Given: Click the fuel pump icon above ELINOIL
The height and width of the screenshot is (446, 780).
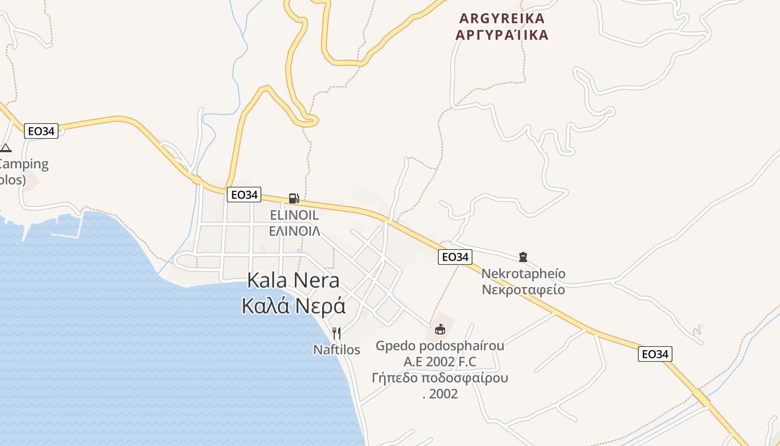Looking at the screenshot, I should [x=294, y=198].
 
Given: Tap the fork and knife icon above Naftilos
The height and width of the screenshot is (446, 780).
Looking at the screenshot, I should [x=337, y=333].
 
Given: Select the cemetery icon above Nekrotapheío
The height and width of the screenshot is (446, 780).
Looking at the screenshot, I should [x=523, y=257].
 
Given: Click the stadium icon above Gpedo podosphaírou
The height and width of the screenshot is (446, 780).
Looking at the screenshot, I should [x=440, y=329].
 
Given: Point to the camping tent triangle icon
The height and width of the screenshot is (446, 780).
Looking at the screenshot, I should [x=6, y=148].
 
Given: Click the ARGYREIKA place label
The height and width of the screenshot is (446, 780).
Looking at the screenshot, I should [x=502, y=18].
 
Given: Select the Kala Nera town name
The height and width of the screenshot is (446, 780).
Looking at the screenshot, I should [x=293, y=280].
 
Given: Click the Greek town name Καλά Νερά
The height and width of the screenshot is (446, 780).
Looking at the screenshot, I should [x=294, y=306].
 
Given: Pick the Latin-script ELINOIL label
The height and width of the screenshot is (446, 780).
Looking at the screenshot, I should [x=294, y=215].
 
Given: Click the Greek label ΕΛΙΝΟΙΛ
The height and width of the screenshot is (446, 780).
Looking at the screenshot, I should [x=294, y=231].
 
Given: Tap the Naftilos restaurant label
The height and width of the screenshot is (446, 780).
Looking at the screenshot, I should [x=337, y=350].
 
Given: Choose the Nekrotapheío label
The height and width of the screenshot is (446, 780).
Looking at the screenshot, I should [x=523, y=274].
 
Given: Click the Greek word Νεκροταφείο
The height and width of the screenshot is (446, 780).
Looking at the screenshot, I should [x=523, y=290].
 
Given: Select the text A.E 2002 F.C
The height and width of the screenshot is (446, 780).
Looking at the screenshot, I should [x=440, y=362].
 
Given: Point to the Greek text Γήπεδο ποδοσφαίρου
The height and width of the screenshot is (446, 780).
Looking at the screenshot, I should [x=440, y=378].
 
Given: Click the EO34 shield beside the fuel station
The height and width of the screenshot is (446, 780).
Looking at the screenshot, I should [x=244, y=195].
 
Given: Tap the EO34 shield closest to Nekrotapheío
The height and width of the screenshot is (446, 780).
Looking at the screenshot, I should [x=455, y=257].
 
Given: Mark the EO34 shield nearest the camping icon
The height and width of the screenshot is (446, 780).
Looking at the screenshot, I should [x=41, y=132].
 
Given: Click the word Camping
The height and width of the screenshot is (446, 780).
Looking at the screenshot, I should [x=23, y=164].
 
